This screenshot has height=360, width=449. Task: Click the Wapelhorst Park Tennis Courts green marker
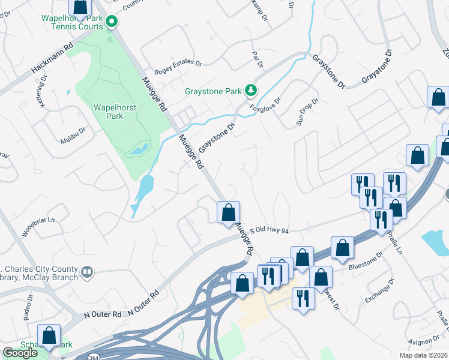[111, 23]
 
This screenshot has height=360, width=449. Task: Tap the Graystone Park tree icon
[251, 91]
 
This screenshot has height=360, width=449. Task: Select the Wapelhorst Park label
[109, 112]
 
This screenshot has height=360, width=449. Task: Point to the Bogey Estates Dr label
[178, 62]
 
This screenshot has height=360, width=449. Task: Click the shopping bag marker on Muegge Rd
[228, 212]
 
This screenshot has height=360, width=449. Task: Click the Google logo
[20, 353]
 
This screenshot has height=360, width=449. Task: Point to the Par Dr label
[259, 58]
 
